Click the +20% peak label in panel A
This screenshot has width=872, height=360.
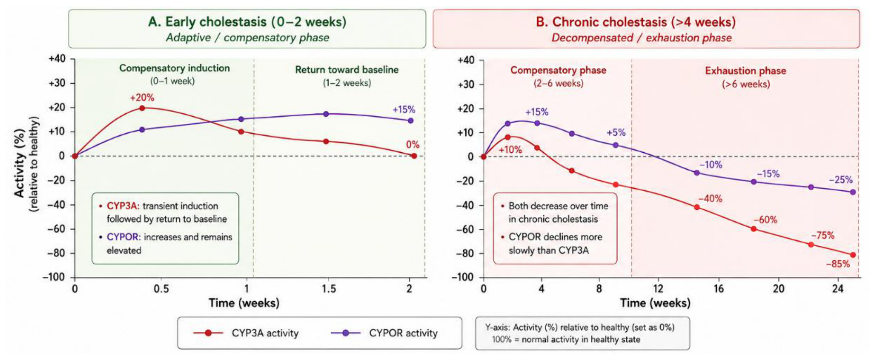click(142, 98)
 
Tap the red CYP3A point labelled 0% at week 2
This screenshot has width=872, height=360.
click(414, 156)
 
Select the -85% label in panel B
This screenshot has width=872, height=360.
click(838, 264)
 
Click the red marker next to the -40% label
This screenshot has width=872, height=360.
click(697, 207)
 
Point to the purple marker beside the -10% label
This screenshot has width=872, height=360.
click(697, 173)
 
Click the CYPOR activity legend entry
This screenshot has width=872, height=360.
click(384, 333)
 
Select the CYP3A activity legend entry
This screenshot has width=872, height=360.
click(246, 333)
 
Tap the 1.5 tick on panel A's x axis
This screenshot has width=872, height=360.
click(329, 289)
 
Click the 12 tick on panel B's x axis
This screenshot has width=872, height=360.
click(658, 289)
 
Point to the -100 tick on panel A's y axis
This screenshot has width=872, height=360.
click(54, 277)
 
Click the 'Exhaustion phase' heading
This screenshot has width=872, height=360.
click(746, 71)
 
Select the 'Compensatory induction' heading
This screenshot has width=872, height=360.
click(175, 68)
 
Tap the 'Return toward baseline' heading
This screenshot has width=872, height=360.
click(347, 70)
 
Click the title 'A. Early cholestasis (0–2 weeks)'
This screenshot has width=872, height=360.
click(247, 22)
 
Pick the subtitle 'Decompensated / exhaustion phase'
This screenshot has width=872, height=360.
click(641, 38)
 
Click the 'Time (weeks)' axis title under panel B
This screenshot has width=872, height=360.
click(655, 303)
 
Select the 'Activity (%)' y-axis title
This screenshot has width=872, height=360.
click(19, 164)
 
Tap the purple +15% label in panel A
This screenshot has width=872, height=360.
click(404, 110)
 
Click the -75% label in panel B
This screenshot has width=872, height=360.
click(823, 236)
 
